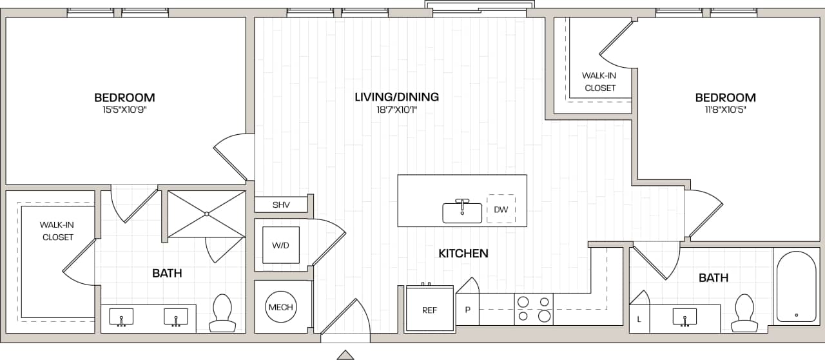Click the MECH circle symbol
pyautogui.click(x=280, y=307)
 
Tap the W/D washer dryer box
pyautogui.click(x=280, y=245)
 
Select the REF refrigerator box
pyautogui.click(x=429, y=310)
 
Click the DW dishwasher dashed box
pyautogui.click(x=501, y=209)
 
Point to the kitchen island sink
pyautogui.click(x=462, y=212)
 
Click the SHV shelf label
pyautogui.click(x=281, y=205)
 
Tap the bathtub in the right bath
pyautogui.click(x=796, y=286)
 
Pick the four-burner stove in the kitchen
pyautogui.click(x=534, y=309)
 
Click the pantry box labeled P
pyautogui.click(x=468, y=310)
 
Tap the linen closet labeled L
pyautogui.click(x=639, y=318)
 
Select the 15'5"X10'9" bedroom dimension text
pyautogui.click(x=124, y=110)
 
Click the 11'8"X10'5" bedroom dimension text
pyautogui.click(x=725, y=110)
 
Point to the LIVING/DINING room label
pyautogui.click(x=396, y=97)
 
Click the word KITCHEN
pyautogui.click(x=463, y=254)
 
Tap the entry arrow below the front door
pyautogui.click(x=345, y=355)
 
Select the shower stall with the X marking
pyautogui.click(x=206, y=214)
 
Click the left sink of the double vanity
pyautogui.click(x=121, y=317)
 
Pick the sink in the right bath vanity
pyautogui.click(x=684, y=317)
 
